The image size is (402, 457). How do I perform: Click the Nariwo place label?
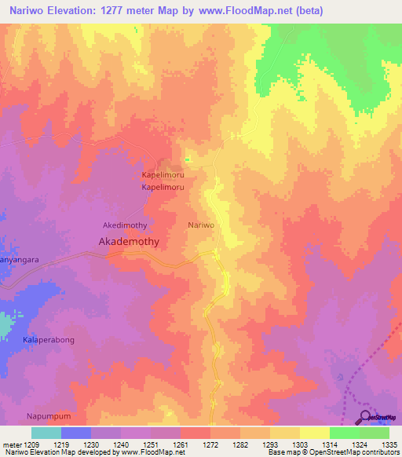coord(201,225)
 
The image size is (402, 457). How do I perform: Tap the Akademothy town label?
coord(129,243)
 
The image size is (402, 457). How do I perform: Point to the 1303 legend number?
coord(290,444)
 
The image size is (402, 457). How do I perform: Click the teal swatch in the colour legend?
coord(46,433)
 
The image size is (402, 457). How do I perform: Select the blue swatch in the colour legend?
coord(76,433)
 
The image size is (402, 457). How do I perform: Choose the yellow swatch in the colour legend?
coord(314,433)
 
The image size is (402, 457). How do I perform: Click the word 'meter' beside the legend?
coord(11,444)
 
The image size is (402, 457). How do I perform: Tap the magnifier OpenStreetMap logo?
coord(364,418)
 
